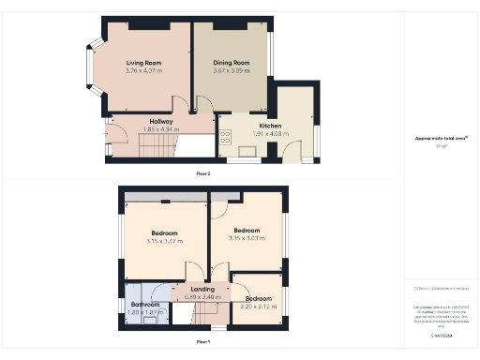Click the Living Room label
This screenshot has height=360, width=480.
click(144, 63)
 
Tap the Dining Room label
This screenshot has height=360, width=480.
click(232, 63)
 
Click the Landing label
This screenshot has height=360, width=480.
click(203, 290)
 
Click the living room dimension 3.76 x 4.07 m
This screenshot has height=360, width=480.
click(144, 70)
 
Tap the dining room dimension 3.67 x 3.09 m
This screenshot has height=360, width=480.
click(232, 70)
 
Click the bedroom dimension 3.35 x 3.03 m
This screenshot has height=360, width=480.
click(247, 238)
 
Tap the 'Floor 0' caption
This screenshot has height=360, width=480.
click(203, 174)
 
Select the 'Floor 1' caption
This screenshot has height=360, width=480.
click(203, 342)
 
